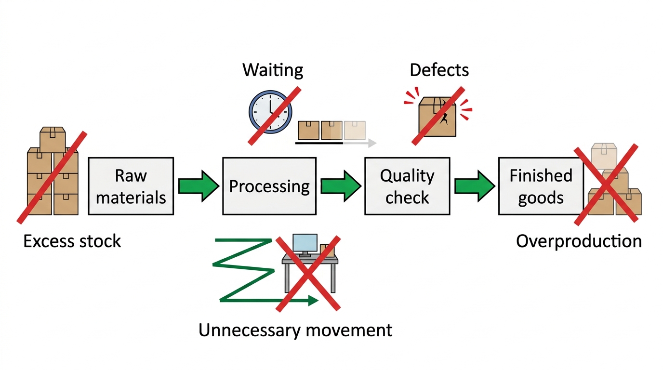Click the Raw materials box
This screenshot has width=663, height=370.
click(x=131, y=186)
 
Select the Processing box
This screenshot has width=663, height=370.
click(x=269, y=186)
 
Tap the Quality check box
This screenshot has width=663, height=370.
click(x=407, y=186)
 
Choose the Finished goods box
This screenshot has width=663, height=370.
click(x=541, y=186)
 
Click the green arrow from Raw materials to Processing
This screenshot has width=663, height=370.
click(x=199, y=186)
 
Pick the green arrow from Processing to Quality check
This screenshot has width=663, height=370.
click(x=341, y=186)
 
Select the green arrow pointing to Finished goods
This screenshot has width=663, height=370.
click(x=475, y=186)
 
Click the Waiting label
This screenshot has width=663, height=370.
click(x=273, y=70)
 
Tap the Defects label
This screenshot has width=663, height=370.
click(x=439, y=70)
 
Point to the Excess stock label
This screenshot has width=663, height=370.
click(x=72, y=241)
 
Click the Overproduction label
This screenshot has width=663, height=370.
click(x=579, y=242)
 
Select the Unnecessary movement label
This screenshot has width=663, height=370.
click(x=295, y=330)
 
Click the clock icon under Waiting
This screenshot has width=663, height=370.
click(x=270, y=112)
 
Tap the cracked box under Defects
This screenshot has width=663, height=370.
click(x=438, y=117)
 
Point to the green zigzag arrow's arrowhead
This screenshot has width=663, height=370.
click(x=313, y=300)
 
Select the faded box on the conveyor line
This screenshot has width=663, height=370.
click(x=355, y=130)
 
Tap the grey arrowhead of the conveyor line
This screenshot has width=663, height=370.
click(x=372, y=143)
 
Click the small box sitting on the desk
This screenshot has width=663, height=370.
click(x=327, y=251)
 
